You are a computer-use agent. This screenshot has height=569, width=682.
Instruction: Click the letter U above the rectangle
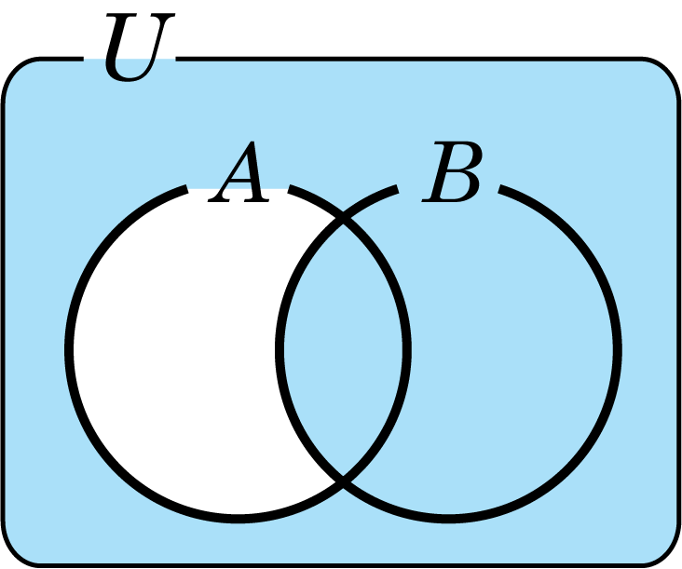[x=138, y=47]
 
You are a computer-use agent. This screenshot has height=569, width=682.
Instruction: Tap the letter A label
[x=239, y=172]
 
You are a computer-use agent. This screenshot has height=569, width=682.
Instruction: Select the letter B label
[x=452, y=171]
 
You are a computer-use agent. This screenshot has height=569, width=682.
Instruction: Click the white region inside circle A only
[x=174, y=347]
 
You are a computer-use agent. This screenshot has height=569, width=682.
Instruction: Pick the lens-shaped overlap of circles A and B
[x=343, y=347]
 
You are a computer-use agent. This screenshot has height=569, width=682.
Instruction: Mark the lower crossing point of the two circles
[x=343, y=481]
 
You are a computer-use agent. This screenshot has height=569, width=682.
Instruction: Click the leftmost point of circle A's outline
[x=69, y=350]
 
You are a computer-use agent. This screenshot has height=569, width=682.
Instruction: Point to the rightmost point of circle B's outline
[x=618, y=350]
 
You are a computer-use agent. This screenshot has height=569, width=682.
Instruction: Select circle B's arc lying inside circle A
[x=280, y=347]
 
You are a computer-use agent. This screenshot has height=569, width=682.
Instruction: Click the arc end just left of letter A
[x=186, y=189]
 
